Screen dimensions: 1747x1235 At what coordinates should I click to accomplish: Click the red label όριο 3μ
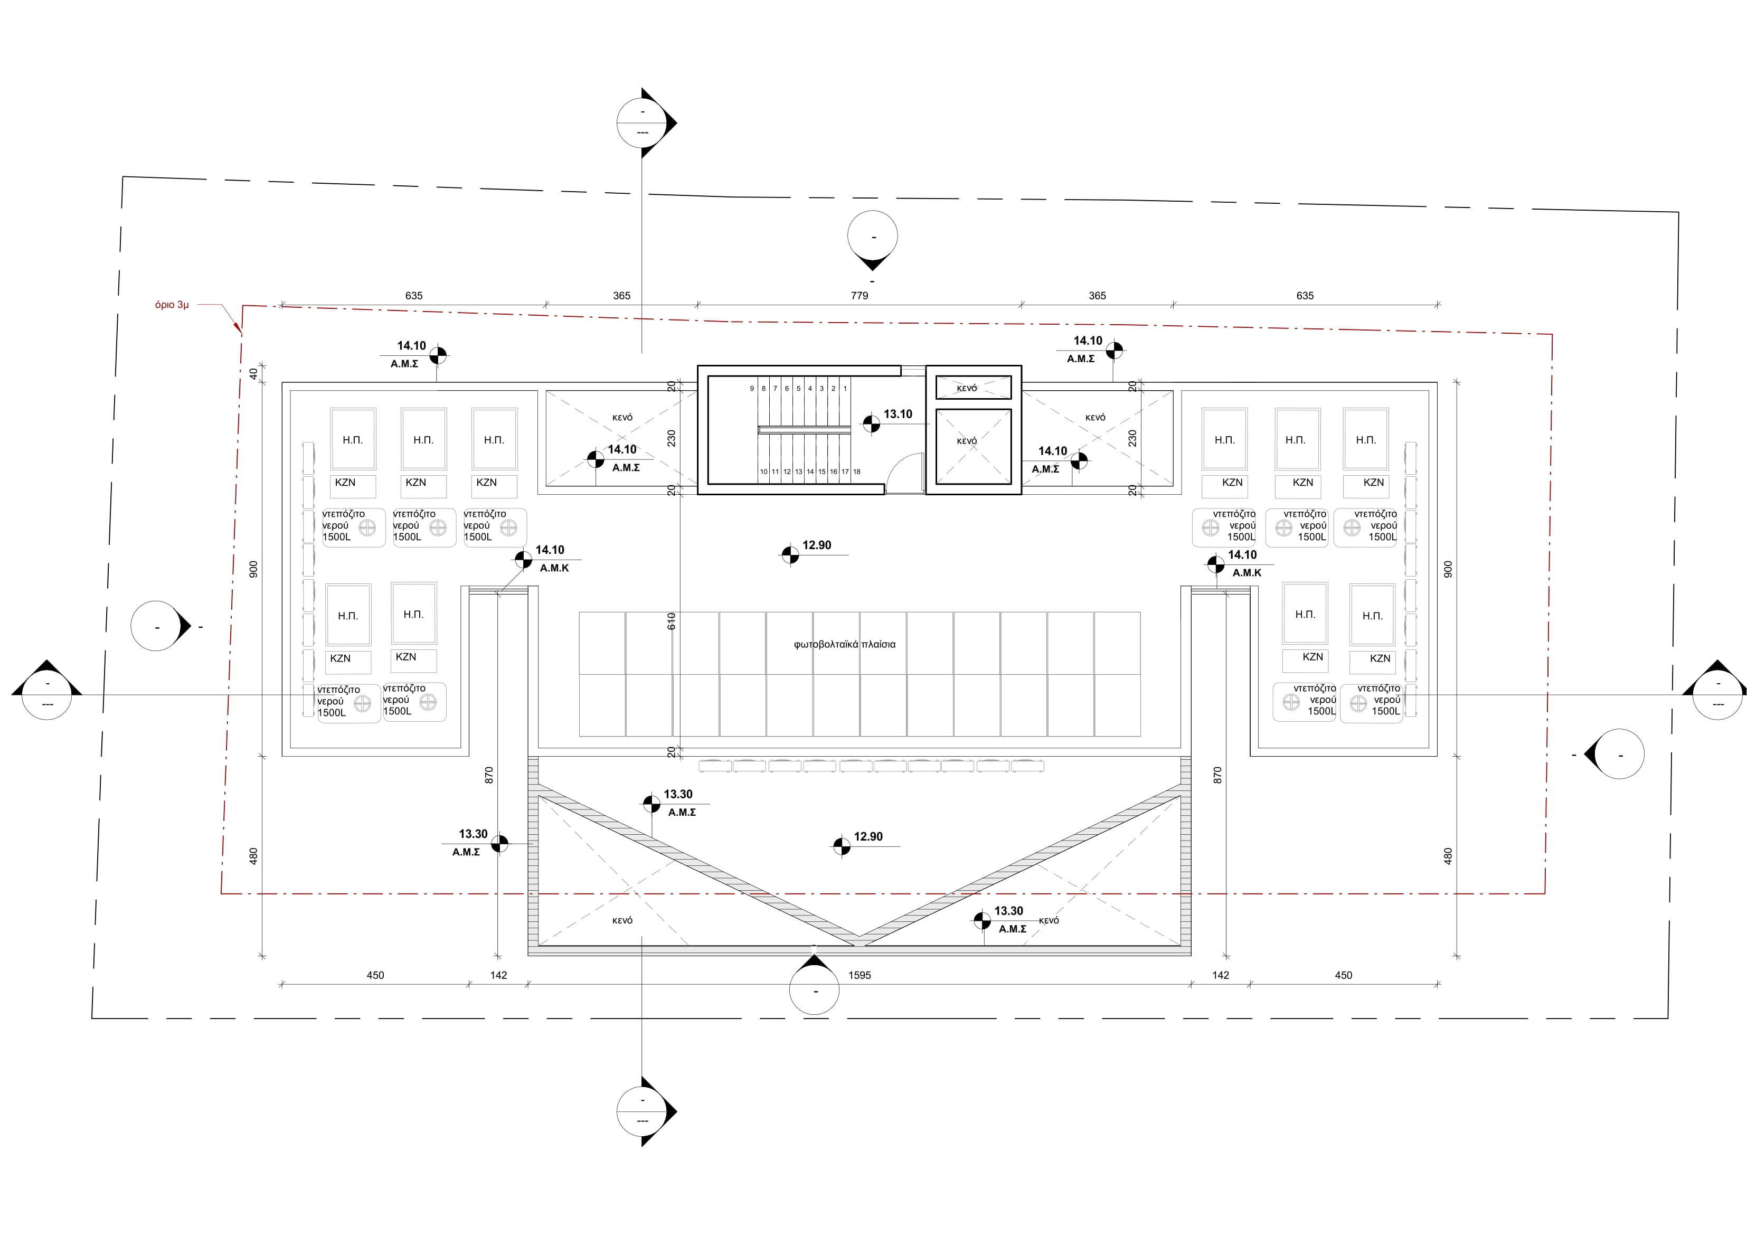pyautogui.click(x=172, y=305)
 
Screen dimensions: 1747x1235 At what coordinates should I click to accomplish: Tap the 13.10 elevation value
pyautogui.click(x=898, y=414)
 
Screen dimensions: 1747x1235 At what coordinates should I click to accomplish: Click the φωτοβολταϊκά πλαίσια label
pyautogui.click(x=845, y=645)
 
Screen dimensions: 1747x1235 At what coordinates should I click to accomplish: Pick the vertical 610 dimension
pyautogui.click(x=671, y=621)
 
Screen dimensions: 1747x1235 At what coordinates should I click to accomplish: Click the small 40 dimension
pyautogui.click(x=253, y=374)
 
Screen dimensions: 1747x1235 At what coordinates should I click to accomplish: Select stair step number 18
pyautogui.click(x=857, y=472)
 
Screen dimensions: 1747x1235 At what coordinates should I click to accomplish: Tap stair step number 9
pyautogui.click(x=752, y=389)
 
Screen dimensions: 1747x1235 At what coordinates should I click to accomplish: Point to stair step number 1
pyautogui.click(x=845, y=389)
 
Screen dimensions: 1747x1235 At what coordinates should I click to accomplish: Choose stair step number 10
pyautogui.click(x=764, y=472)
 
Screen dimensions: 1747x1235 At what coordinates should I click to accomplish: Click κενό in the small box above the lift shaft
pyautogui.click(x=967, y=389)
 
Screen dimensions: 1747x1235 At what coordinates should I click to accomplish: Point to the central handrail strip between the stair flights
pyautogui.click(x=804, y=430)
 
